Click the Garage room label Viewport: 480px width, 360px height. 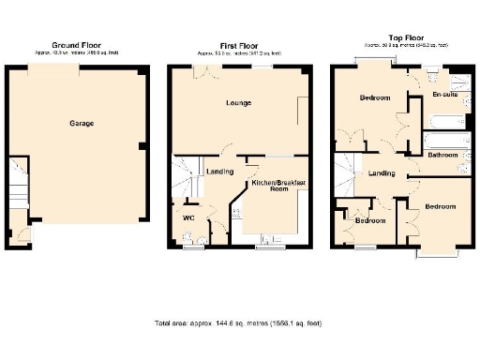point(81,123)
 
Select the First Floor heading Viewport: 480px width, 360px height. point(239,44)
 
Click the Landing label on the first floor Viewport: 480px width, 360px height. point(220,172)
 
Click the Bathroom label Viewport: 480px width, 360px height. point(442,156)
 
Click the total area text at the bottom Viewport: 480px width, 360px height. point(238,322)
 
